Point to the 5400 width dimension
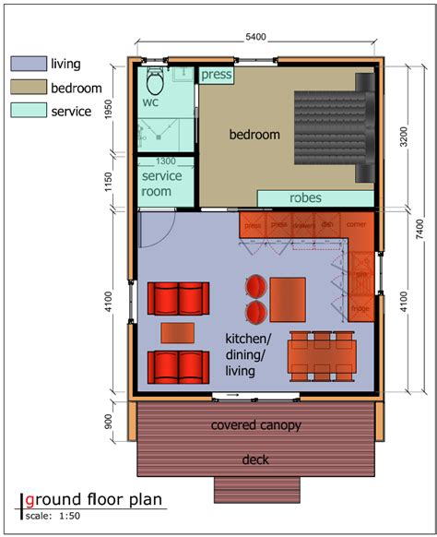click(255, 37)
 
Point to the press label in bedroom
click(216, 75)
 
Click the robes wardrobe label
click(305, 197)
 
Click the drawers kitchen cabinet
click(304, 224)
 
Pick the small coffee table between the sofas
click(178, 331)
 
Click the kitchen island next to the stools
click(288, 298)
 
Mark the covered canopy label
click(256, 425)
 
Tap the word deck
click(256, 459)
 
